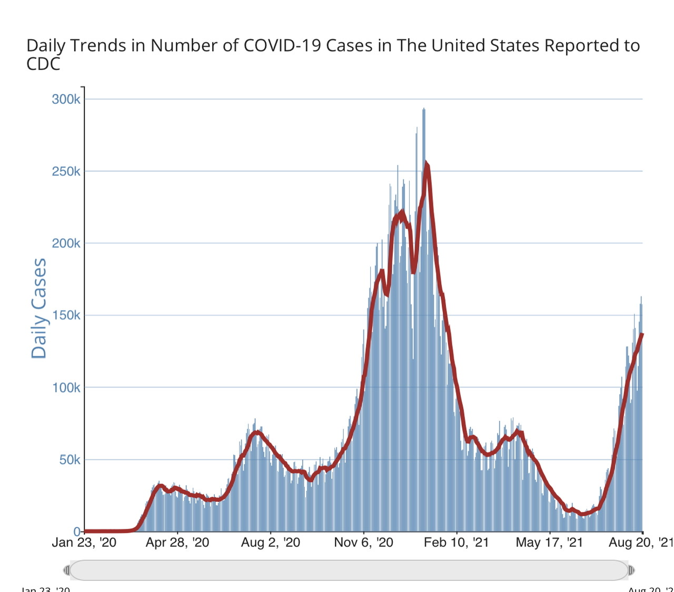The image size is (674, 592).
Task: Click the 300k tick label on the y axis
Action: [66, 99]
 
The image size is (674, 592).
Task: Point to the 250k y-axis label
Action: [66, 171]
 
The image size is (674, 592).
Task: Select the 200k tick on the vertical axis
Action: [66, 243]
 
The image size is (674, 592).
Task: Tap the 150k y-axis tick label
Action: [66, 315]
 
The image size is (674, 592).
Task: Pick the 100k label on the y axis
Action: [66, 388]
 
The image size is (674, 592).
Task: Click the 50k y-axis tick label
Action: [70, 460]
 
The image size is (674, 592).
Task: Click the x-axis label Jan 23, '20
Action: [84, 542]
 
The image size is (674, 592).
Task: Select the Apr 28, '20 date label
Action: [177, 542]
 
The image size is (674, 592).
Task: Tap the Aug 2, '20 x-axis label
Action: [271, 542]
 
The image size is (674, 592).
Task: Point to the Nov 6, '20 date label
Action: [364, 542]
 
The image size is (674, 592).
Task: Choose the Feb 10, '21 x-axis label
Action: [457, 542]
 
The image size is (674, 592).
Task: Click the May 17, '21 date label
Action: [549, 542]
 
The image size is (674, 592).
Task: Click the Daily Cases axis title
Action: [39, 308]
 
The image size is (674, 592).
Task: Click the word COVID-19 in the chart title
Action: [282, 46]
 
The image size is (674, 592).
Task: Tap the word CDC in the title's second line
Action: [43, 64]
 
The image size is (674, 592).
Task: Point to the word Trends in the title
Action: [100, 46]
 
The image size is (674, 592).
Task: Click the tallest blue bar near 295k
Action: [424, 110]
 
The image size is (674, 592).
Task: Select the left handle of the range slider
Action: [67, 570]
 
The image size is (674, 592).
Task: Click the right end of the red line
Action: [642, 334]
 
